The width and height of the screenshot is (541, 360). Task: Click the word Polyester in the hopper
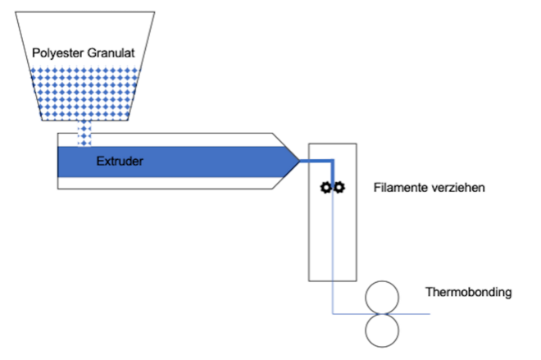click(x=58, y=52)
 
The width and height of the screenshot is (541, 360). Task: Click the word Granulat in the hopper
click(x=111, y=52)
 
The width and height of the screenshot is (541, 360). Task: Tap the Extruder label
click(x=120, y=162)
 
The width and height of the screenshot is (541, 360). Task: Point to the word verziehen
click(x=456, y=188)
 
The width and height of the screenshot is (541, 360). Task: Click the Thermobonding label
click(x=469, y=292)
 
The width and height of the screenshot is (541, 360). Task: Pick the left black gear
click(x=325, y=188)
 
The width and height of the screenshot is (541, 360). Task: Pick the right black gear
click(x=339, y=187)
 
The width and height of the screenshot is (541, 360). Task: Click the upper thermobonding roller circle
click(x=382, y=281)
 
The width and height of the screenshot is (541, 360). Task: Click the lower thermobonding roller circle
click(x=382, y=347)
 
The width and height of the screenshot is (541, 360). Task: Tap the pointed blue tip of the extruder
click(x=299, y=161)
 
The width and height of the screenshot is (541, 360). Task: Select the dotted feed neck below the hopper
click(x=84, y=134)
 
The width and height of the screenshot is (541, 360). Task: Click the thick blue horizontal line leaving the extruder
click(x=316, y=161)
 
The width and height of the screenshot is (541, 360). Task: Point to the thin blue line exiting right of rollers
click(x=408, y=314)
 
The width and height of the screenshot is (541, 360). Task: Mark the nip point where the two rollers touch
click(x=382, y=314)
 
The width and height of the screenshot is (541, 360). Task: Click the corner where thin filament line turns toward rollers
click(x=333, y=314)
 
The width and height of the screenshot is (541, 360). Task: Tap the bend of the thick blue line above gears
click(x=333, y=161)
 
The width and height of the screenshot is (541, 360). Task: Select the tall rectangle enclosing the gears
click(x=309, y=212)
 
